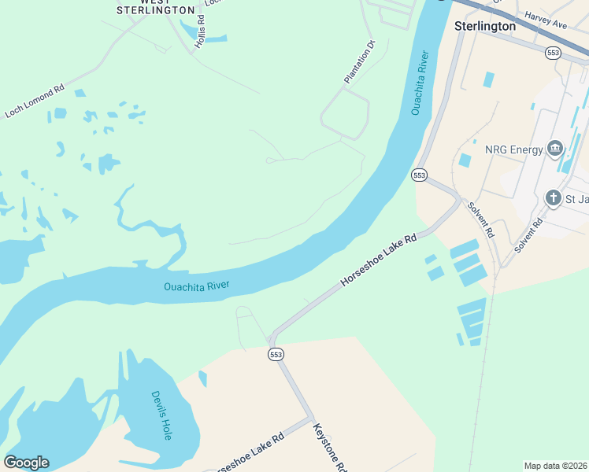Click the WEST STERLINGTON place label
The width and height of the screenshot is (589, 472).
pos(155,7)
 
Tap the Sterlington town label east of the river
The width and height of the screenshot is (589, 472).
pos(485,26)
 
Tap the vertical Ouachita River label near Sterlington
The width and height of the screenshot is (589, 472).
pos(420,83)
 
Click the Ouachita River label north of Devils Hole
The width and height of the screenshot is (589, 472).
pos(196,286)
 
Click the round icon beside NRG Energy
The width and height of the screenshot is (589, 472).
pos(554,149)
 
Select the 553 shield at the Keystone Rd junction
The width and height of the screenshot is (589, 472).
pos(276,355)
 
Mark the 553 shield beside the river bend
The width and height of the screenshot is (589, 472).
pos(419,175)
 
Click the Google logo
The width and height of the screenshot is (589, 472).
pos(26,463)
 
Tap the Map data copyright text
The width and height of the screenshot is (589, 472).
pos(556,466)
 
